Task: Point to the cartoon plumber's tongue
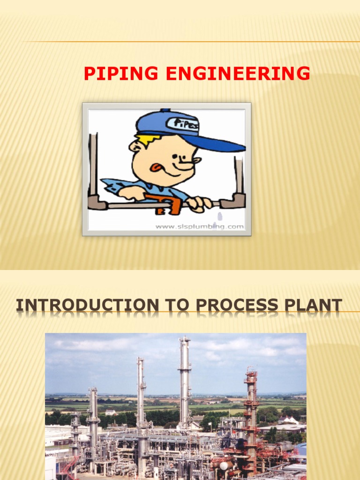click(x=155, y=166)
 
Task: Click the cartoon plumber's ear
click(x=135, y=146)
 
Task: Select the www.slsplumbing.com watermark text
click(x=200, y=227)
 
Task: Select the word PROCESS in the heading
click(x=234, y=305)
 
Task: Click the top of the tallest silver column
click(x=185, y=340)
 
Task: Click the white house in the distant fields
click(x=111, y=412)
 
